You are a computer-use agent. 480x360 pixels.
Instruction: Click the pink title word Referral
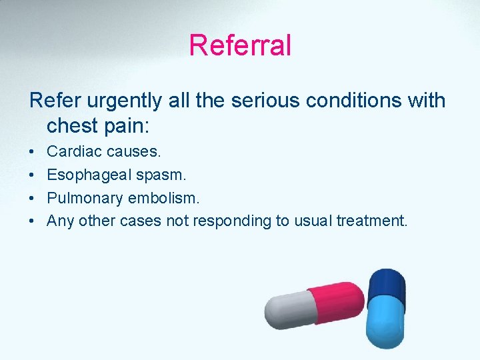tap(240, 45)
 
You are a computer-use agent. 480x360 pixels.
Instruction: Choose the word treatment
tap(371, 221)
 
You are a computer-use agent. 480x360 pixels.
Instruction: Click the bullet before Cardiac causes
tap(33, 152)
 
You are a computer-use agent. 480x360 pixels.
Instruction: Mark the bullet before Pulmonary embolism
tap(33, 198)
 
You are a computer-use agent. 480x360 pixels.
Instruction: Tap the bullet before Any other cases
tap(33, 221)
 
